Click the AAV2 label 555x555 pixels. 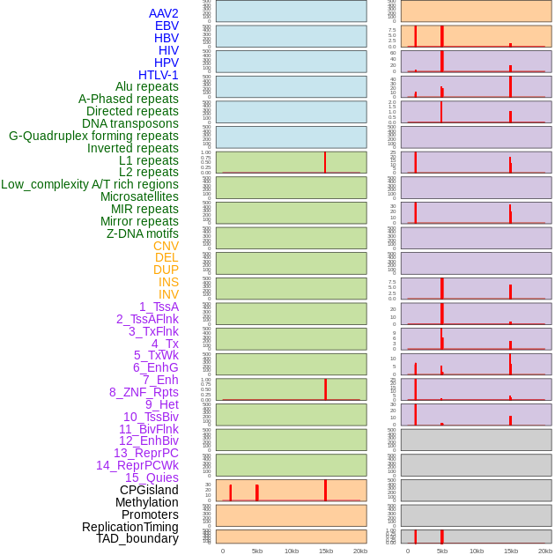pos(163,13)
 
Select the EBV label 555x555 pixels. pos(166,26)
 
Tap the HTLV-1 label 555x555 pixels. pos(158,75)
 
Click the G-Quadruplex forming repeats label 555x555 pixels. pos(93,136)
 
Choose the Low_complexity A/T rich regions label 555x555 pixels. pos(90,184)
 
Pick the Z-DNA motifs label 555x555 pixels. pos(142,233)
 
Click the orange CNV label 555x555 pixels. pos(166,246)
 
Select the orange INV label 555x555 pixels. pos(168,294)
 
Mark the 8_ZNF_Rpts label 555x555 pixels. pos(144,392)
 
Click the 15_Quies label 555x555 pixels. pos(152,477)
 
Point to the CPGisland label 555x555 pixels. pos(149,490)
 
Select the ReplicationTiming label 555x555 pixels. pos(129,527)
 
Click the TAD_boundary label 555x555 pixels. pos(137,538)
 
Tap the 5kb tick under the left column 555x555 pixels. pos(257,551)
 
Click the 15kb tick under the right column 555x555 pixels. pos(511,551)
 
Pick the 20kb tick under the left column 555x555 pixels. pos(360,551)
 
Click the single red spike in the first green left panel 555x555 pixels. pos(325,162)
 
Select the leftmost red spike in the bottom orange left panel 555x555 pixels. pos(231,492)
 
